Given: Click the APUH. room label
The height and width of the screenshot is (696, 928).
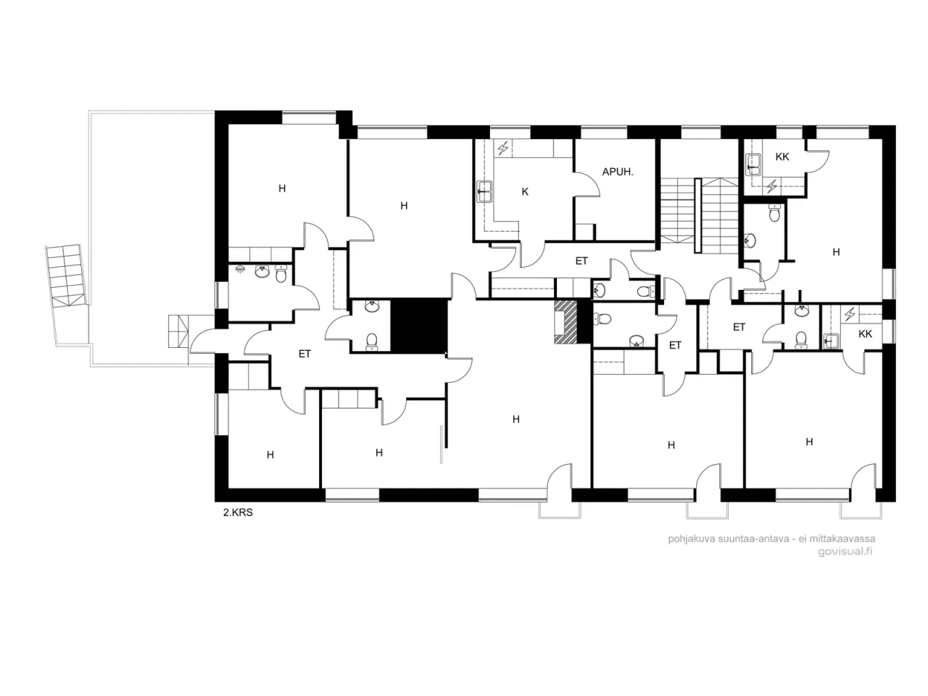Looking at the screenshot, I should (618, 172).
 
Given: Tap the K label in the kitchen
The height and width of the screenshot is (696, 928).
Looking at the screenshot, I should (525, 192).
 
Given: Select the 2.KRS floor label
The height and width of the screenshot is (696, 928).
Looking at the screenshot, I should (237, 513).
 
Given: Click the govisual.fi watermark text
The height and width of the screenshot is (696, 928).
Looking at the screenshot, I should (845, 550).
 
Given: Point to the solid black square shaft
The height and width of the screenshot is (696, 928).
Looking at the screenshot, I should (419, 326).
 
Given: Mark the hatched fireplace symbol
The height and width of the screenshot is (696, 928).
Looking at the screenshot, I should (566, 321).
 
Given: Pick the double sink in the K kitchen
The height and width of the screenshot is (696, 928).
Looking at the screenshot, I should (484, 191).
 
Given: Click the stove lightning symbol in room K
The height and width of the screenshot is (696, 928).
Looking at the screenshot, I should (502, 149).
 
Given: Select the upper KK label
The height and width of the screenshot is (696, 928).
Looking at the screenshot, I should (782, 157).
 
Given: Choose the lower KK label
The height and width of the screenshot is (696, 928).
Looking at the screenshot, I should (865, 333).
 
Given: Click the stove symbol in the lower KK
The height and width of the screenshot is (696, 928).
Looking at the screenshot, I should (850, 314).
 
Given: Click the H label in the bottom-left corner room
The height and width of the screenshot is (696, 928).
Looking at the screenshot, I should (270, 455).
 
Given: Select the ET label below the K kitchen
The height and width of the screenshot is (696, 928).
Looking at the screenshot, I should (581, 261).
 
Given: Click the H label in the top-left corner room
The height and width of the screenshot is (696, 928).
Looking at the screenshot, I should (282, 188).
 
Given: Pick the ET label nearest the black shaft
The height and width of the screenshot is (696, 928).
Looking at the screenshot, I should (304, 354).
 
